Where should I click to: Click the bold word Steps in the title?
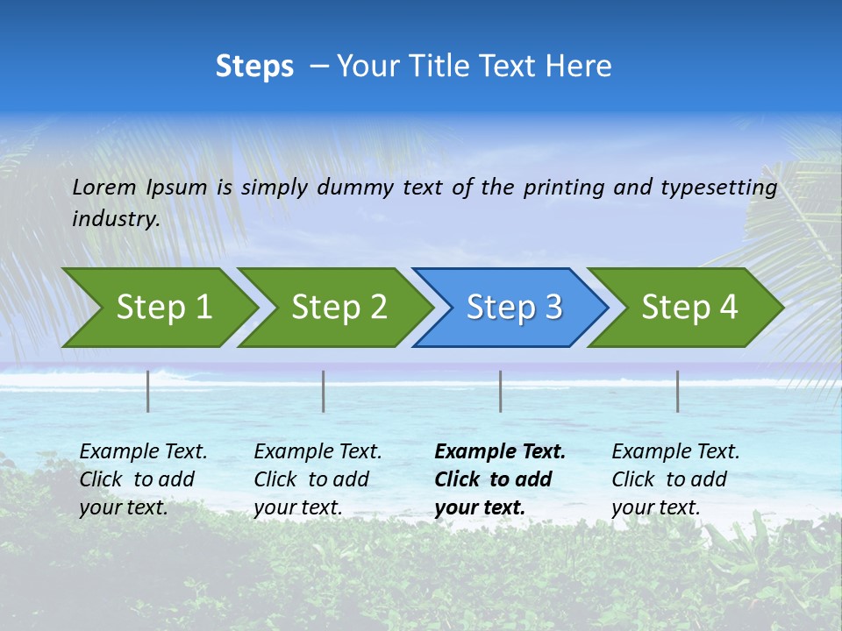(x=254, y=67)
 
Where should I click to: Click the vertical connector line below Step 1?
(x=148, y=391)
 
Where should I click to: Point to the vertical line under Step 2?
(x=324, y=391)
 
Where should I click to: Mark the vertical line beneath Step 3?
(x=501, y=391)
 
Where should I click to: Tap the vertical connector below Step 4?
(x=678, y=391)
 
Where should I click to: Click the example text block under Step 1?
(x=143, y=479)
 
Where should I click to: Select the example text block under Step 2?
(x=318, y=479)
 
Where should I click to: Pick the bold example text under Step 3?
(x=500, y=479)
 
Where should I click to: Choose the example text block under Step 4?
(x=675, y=479)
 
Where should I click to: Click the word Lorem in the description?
(x=104, y=188)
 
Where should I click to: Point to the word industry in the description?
(x=116, y=219)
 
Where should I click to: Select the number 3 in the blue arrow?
(x=552, y=308)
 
